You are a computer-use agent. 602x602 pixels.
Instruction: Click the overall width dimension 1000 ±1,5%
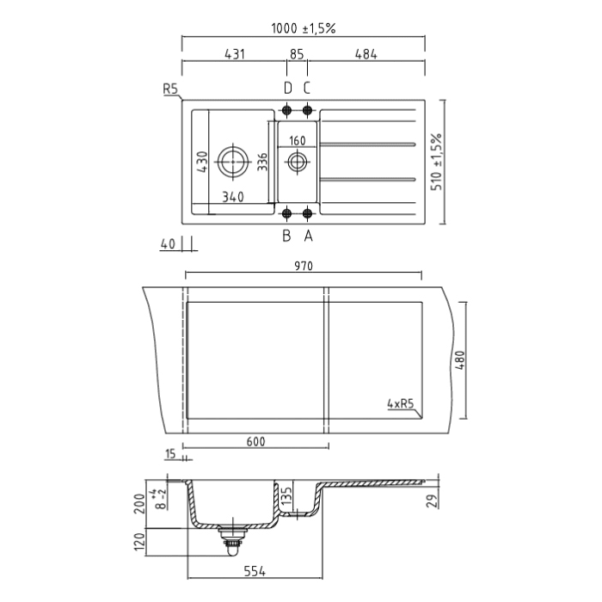click(x=303, y=28)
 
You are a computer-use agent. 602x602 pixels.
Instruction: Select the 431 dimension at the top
click(x=235, y=54)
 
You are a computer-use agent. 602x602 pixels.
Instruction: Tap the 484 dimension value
click(x=365, y=54)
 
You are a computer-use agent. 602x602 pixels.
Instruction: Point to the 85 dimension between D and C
click(x=297, y=54)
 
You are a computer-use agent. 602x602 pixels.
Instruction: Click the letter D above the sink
click(x=287, y=88)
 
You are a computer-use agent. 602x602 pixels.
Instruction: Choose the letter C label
click(x=306, y=88)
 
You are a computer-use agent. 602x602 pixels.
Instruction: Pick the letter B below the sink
click(x=287, y=233)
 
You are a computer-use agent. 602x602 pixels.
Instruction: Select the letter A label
click(x=307, y=233)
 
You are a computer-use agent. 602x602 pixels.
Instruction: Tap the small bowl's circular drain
click(x=297, y=161)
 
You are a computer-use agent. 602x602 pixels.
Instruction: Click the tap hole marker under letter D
click(x=287, y=109)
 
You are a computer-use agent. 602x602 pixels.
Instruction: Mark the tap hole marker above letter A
click(x=307, y=212)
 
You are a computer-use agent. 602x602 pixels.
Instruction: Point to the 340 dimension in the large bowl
click(x=232, y=197)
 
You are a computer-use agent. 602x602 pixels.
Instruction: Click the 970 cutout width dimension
click(x=303, y=267)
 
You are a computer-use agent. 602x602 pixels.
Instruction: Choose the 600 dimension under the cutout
click(x=255, y=442)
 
